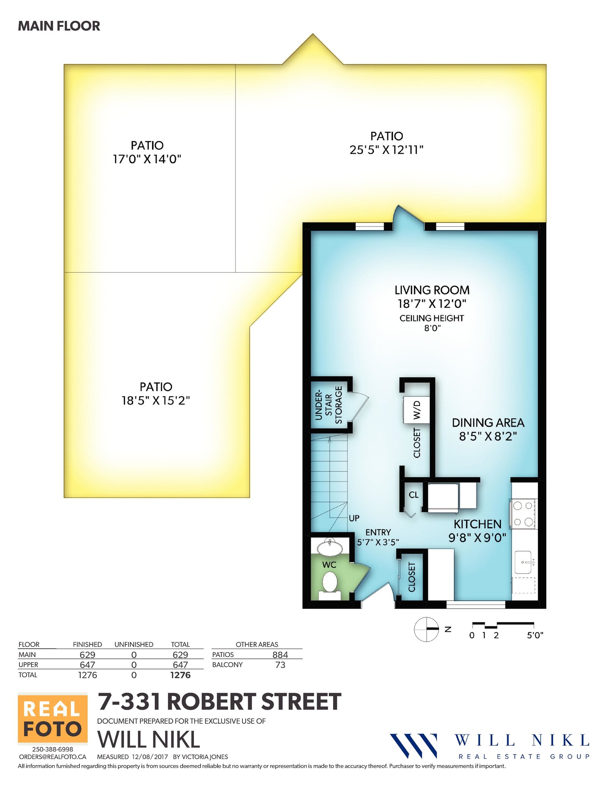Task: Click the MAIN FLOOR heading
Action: click(x=59, y=26)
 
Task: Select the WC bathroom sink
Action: click(x=330, y=547)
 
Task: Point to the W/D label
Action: click(x=417, y=410)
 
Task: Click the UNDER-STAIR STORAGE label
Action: click(x=329, y=405)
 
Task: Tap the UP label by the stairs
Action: click(x=354, y=518)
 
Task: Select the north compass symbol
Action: click(x=426, y=629)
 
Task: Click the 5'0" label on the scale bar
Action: click(x=535, y=635)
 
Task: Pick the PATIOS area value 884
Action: click(x=280, y=655)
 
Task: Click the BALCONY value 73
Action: click(x=280, y=665)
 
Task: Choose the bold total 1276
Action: click(x=180, y=675)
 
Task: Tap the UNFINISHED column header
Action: click(x=134, y=644)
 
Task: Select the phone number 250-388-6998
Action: click(x=53, y=749)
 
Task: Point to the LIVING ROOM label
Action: click(x=432, y=290)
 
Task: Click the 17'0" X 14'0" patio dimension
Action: click(x=147, y=159)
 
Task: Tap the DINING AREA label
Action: click(x=488, y=423)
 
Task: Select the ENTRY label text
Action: click(x=378, y=532)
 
